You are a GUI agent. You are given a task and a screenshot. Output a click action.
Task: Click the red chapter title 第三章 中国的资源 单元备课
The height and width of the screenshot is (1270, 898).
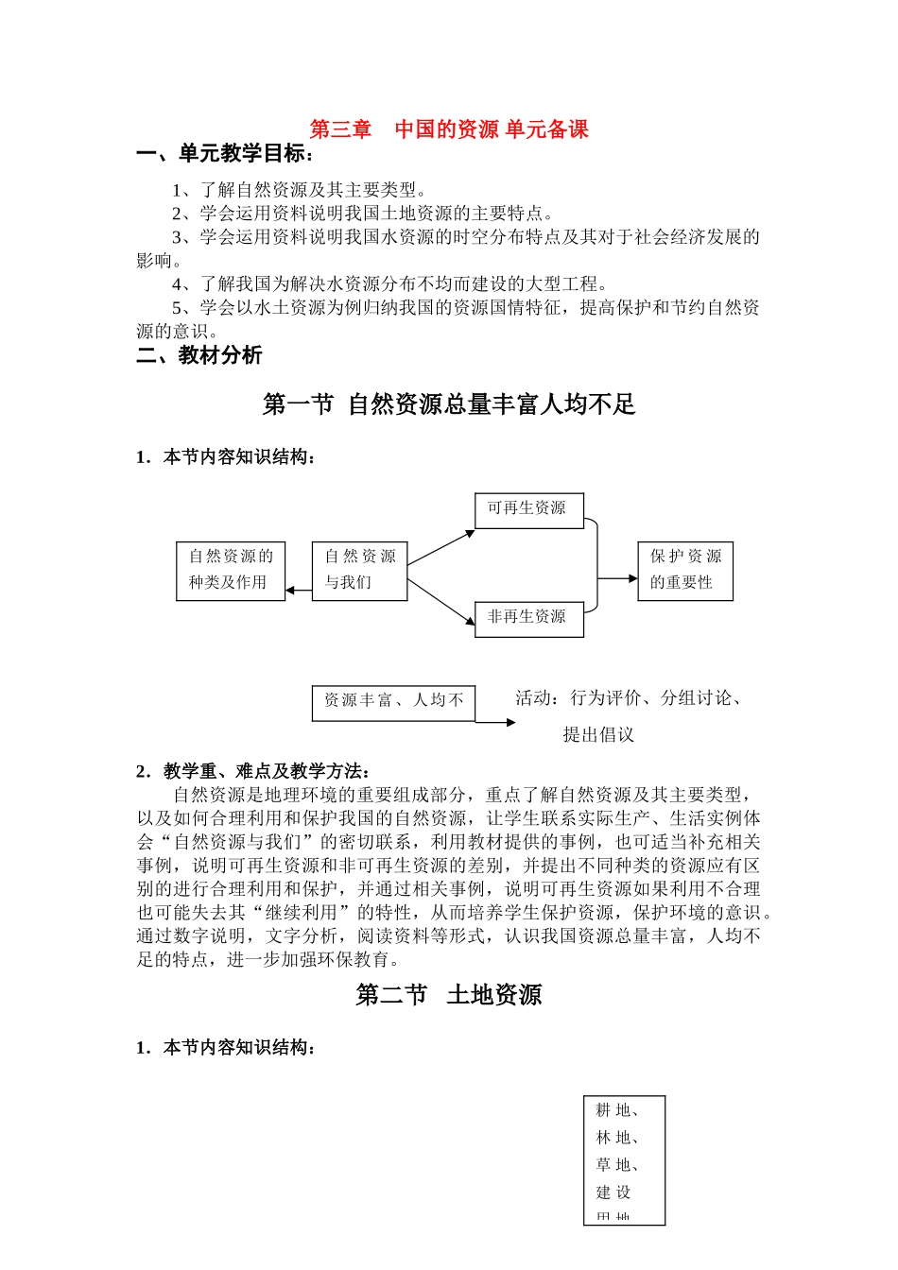pos(449,129)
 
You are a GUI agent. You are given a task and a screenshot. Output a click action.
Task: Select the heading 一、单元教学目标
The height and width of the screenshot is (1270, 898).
pos(225,154)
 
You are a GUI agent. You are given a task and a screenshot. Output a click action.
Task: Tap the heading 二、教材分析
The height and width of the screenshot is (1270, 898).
pos(199,355)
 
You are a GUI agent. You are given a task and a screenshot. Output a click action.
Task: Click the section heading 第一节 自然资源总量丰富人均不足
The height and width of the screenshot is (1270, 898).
pos(449,404)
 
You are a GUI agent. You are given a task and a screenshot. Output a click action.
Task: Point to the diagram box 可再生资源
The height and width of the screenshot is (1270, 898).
pos(528,509)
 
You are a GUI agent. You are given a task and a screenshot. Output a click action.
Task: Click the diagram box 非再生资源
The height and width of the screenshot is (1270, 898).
pos(528,618)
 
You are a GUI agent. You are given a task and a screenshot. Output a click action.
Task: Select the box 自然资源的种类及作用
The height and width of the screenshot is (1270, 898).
pos(231,570)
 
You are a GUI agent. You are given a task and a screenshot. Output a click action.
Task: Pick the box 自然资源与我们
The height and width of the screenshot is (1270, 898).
pos(359,570)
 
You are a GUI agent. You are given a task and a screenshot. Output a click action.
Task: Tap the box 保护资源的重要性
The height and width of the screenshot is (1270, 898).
pos(685,570)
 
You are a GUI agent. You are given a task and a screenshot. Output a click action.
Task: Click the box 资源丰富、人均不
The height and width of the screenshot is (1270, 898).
pos(393,702)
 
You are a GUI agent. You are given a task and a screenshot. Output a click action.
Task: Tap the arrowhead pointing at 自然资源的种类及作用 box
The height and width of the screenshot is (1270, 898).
pos(291,591)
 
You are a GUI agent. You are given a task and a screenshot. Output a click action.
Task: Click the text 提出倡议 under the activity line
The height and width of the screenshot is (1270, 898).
pos(598,735)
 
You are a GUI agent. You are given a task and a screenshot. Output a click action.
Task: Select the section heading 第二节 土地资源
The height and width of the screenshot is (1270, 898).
pos(449,995)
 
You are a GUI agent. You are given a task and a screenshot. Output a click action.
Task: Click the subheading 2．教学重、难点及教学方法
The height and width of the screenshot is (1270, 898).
pos(253,772)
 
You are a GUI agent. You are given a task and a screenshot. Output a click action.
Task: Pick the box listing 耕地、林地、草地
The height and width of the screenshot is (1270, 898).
pos(624,1159)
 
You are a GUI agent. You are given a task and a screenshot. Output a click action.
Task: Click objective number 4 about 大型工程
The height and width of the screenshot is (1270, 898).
pos(389,284)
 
